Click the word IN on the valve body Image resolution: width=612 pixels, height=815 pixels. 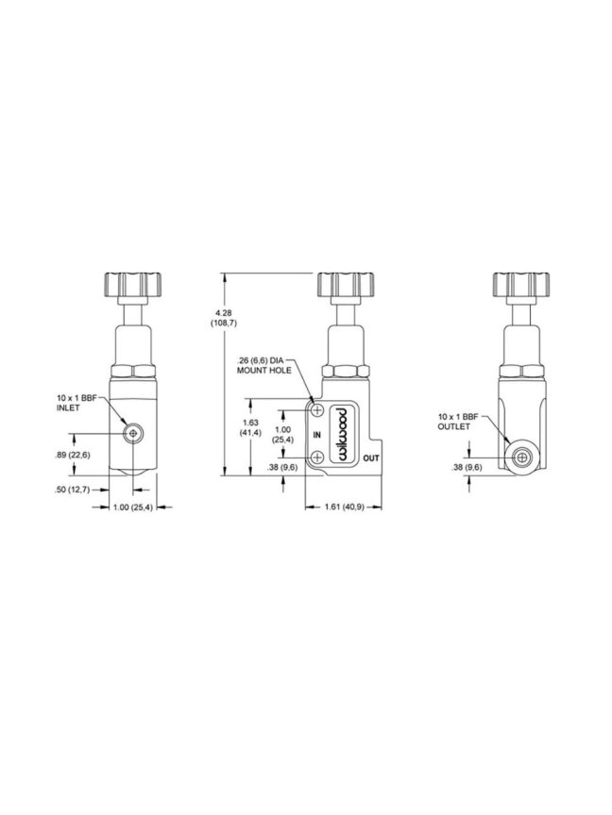pyautogui.click(x=317, y=435)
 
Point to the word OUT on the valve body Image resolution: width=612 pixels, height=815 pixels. pyautogui.click(x=371, y=458)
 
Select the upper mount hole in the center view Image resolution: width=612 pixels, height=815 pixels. pyautogui.click(x=317, y=410)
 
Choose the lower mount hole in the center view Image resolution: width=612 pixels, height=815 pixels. pyautogui.click(x=317, y=457)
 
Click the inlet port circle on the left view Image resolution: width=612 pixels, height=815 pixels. pyautogui.click(x=133, y=434)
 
